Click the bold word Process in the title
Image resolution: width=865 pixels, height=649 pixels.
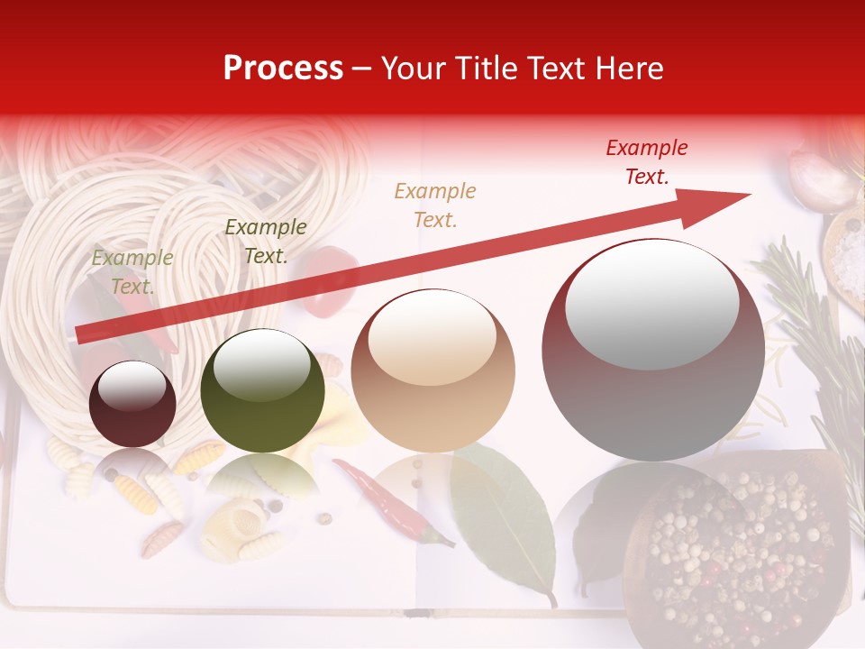(x=283, y=69)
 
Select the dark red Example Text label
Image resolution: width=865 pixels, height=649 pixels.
(x=647, y=162)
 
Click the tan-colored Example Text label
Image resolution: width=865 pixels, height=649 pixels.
(x=435, y=205)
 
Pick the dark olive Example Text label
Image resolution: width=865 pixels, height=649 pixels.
(x=265, y=242)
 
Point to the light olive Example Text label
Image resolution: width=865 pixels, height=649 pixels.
(x=132, y=272)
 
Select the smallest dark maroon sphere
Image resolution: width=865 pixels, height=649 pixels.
(x=132, y=405)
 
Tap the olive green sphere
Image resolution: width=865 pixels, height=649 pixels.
(x=262, y=391)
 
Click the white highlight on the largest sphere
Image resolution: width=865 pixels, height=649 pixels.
(x=651, y=303)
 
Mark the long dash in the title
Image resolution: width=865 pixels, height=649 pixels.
(x=362, y=69)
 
